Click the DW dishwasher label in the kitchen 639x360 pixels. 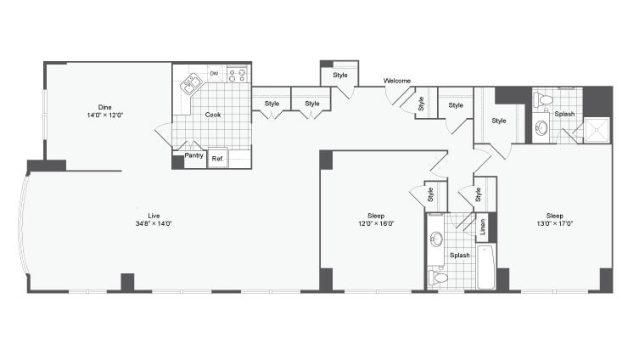click(x=215, y=74)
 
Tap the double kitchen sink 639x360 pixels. click(x=191, y=83)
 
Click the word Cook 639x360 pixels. click(x=213, y=115)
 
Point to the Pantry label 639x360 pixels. click(x=193, y=156)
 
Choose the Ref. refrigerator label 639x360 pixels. click(x=216, y=158)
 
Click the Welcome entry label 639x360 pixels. click(x=397, y=81)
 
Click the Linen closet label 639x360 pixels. click(x=483, y=227)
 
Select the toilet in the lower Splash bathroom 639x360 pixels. click(x=439, y=277)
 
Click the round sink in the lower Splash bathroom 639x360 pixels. click(x=436, y=239)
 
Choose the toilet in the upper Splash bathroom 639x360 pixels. click(x=544, y=101)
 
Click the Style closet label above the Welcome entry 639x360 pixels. click(x=339, y=75)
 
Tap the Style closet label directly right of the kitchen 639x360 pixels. click(x=272, y=104)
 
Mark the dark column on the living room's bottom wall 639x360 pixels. click(x=127, y=282)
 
